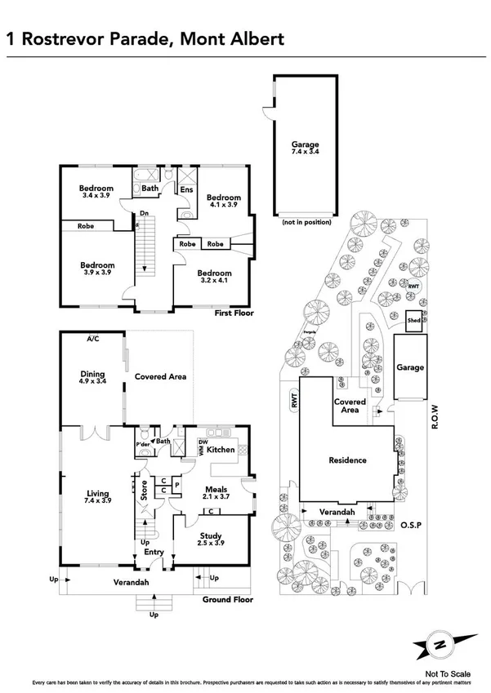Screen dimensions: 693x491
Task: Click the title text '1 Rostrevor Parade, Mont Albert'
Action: [145, 38]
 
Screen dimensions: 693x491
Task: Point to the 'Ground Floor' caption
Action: [228, 600]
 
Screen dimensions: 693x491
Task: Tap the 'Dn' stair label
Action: [143, 215]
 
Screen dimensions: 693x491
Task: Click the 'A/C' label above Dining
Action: [92, 338]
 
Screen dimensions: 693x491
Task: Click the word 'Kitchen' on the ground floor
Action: [221, 450]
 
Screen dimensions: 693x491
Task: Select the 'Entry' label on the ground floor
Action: [154, 553]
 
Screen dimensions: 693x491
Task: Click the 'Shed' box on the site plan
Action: [414, 322]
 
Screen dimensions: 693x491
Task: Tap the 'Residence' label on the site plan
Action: [348, 460]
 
